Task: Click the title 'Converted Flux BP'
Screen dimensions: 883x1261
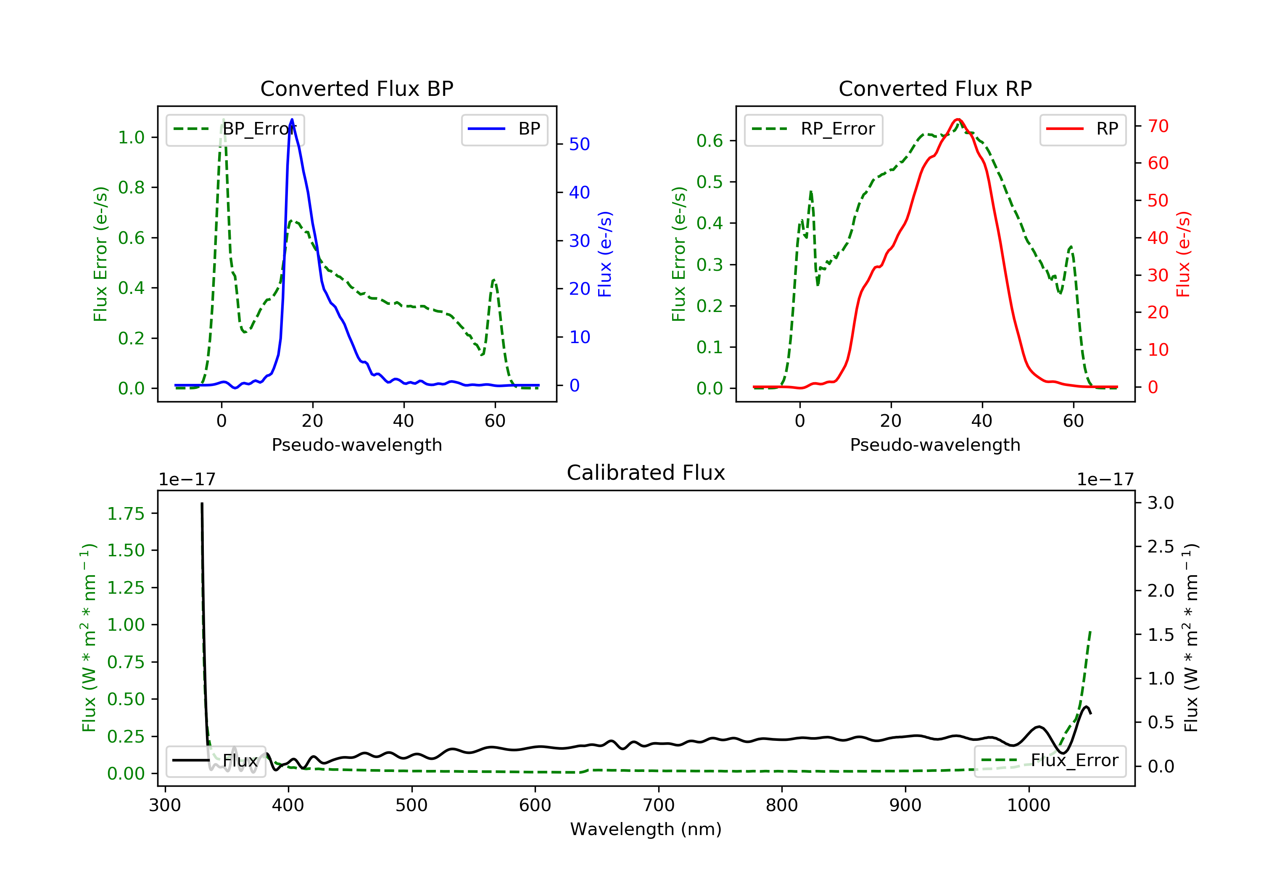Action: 356,88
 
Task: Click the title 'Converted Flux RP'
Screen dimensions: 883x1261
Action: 935,88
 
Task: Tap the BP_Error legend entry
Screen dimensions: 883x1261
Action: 235,129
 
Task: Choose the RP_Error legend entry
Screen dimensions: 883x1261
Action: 813,129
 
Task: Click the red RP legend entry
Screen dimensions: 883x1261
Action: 1082,129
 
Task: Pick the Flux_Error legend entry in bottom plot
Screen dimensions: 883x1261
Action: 1050,761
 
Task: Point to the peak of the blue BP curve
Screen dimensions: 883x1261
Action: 292,119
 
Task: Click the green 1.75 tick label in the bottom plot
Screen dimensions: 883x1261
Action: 126,514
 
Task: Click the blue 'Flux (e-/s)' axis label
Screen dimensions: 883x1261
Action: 605,254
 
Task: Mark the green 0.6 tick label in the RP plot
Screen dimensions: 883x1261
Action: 709,141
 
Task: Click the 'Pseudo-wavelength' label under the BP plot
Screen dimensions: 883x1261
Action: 356,444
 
